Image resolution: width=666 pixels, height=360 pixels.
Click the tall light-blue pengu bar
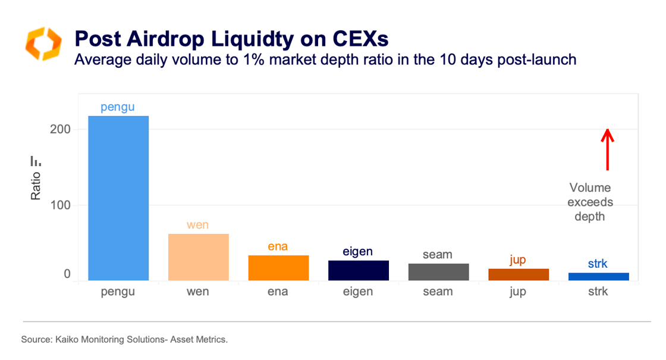[x=118, y=198]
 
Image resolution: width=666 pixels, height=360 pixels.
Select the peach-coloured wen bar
[x=198, y=257]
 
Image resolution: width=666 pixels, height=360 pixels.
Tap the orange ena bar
[x=278, y=268]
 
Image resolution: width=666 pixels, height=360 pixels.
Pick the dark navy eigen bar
[x=359, y=270]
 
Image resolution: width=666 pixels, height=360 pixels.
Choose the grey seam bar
[x=438, y=272]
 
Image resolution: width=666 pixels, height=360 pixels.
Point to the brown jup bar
[x=519, y=274]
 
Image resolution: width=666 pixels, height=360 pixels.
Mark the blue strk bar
[x=598, y=277]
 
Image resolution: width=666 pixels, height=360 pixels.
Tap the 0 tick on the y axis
[x=67, y=274]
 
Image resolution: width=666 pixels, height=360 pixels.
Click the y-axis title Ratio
[x=36, y=186]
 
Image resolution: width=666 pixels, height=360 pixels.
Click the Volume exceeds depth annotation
[x=589, y=202]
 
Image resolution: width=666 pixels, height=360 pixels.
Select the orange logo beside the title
[x=43, y=43]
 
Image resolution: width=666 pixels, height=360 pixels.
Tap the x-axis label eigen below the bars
[x=359, y=292]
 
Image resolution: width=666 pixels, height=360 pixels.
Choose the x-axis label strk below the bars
[x=598, y=292]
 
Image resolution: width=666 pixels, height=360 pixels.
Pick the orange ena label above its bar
[x=278, y=246]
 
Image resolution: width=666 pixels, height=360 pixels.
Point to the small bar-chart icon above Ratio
[x=36, y=161]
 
